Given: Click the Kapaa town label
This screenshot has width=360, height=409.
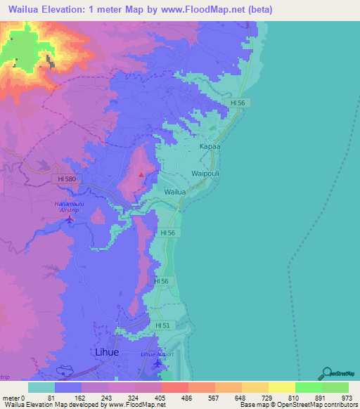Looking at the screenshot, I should tap(210, 146).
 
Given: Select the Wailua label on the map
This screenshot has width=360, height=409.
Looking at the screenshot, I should tap(175, 191).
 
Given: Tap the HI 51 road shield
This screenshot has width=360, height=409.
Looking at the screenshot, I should tap(162, 325).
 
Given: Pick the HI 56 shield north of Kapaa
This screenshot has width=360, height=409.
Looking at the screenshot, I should tap(240, 103).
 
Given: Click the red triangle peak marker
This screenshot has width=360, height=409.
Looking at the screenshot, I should tap(141, 174).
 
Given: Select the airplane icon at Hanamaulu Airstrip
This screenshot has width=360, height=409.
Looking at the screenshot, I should tap(69, 219).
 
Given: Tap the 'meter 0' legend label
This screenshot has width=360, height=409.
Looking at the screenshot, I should tap(13, 398).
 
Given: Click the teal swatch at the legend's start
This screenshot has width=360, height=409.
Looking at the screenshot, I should tap(41, 387).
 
